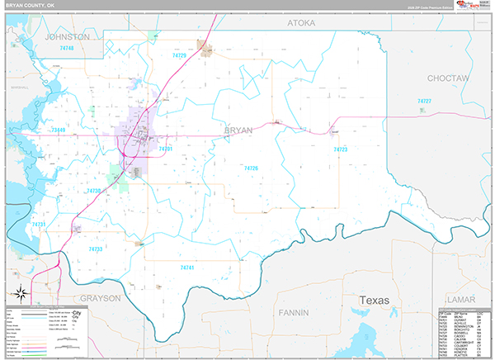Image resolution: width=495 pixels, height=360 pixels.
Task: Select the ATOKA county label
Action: [301, 24]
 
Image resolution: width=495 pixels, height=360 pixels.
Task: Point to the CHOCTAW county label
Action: [448, 78]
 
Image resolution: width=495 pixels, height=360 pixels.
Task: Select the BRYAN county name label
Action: [238, 130]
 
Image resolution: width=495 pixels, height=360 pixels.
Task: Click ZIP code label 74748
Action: [68, 49]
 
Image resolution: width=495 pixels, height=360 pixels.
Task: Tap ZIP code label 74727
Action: [425, 101]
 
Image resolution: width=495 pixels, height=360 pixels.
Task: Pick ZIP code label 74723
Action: [340, 149]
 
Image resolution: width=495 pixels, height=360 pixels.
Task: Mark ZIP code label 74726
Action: [251, 168]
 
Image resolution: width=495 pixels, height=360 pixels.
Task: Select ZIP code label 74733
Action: [95, 249]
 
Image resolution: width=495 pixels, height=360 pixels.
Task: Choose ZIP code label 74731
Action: [38, 225]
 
